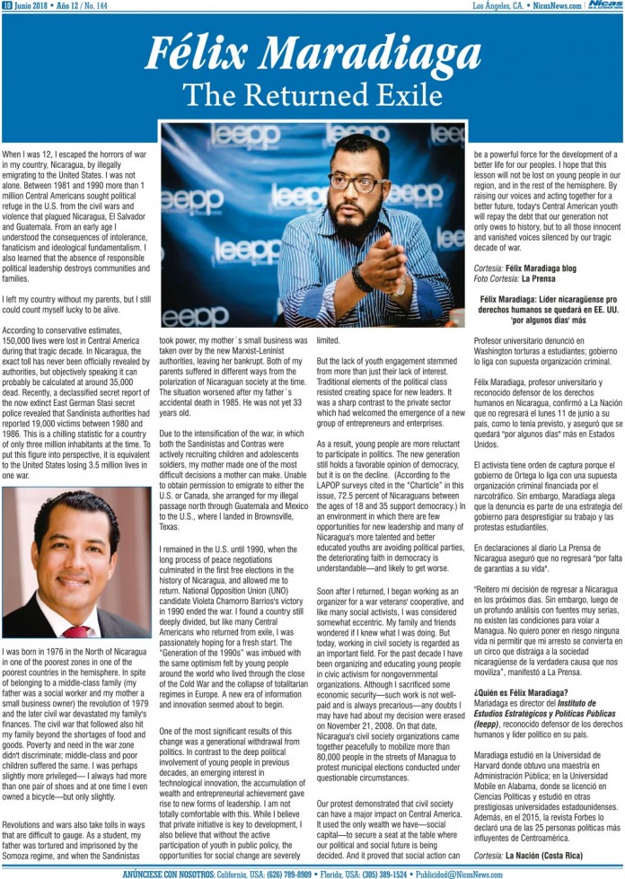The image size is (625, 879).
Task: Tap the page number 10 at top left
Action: pyautogui.click(x=6, y=5)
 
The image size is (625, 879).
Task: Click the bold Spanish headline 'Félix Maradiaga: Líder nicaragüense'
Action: pyautogui.click(x=548, y=298)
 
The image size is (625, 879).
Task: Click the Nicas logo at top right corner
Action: pyautogui.click(x=603, y=6)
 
